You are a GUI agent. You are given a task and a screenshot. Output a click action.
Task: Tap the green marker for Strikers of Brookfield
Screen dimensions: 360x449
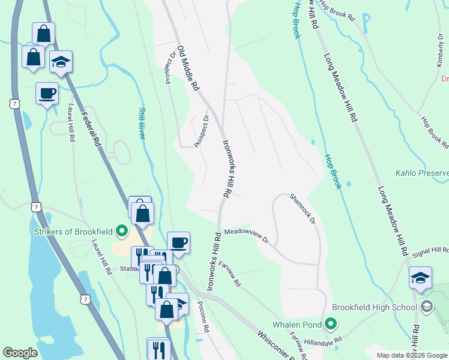pyautogui.click(x=122, y=230)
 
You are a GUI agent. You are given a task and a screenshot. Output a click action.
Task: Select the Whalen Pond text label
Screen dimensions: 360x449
pyautogui.click(x=295, y=325)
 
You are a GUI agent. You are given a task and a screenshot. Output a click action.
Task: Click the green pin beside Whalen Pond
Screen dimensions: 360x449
pyautogui.click(x=330, y=325)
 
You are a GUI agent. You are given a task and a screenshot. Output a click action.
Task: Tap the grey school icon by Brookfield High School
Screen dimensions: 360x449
pyautogui.click(x=427, y=308)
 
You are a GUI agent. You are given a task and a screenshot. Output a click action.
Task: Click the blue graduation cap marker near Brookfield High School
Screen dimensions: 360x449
pyautogui.click(x=420, y=278)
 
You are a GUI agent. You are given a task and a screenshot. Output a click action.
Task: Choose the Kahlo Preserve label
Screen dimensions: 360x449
pyautogui.click(x=422, y=173)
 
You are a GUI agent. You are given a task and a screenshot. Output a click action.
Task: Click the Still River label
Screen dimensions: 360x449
pyautogui.click(x=142, y=123)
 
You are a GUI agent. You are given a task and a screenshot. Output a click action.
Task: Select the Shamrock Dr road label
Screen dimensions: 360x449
pyautogui.click(x=303, y=208)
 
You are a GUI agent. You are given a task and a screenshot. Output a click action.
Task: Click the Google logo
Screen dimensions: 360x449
pyautogui.click(x=20, y=352)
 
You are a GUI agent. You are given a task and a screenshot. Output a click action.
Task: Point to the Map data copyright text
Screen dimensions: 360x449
pyautogui.click(x=411, y=355)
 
